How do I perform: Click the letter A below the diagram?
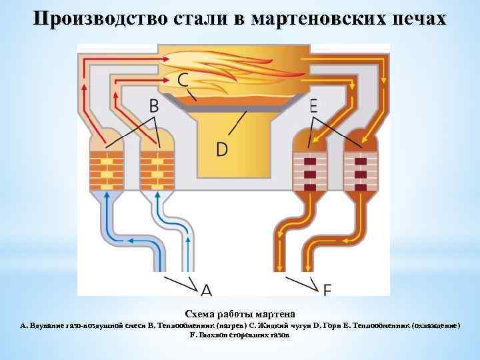tap(207, 289)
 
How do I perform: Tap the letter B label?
tap(154, 105)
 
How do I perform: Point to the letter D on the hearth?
tap(221, 148)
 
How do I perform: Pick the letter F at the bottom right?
tap(327, 289)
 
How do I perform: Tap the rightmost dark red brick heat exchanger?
tap(360, 171)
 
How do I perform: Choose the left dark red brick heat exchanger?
tap(309, 171)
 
